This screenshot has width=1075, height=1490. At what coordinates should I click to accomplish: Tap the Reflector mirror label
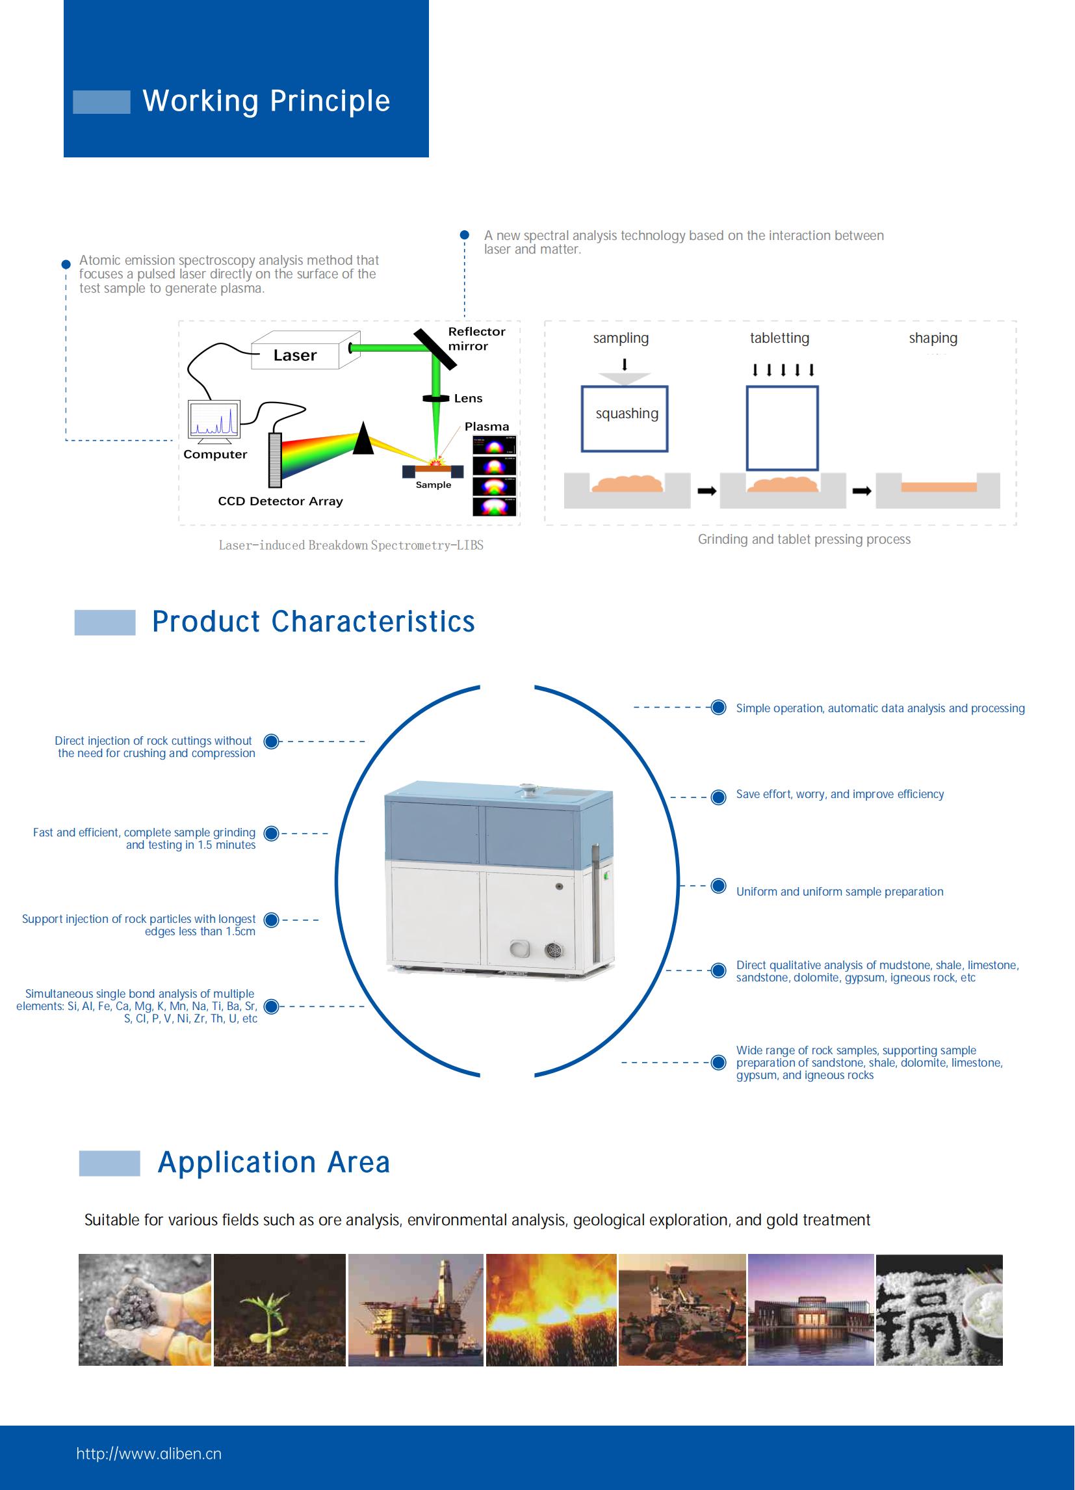point(476,338)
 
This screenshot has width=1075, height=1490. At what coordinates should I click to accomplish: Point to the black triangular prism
point(363,440)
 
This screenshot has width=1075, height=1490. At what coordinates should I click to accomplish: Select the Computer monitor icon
point(213,418)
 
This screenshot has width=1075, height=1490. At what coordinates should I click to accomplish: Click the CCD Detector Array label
point(280,501)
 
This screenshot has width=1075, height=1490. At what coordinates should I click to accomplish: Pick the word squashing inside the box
point(627,414)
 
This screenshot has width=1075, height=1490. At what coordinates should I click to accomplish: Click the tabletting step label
point(779,338)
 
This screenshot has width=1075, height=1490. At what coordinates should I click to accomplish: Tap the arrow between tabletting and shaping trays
point(862,491)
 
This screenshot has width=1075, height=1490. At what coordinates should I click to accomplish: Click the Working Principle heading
point(266,101)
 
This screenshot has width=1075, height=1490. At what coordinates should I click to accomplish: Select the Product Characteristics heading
point(313,622)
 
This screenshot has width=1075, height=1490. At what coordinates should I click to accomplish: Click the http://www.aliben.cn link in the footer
point(149,1454)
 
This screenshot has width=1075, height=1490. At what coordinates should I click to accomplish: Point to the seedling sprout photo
point(279,1310)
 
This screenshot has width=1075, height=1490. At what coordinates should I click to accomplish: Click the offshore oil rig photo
point(416,1310)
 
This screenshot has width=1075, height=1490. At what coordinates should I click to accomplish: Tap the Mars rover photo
point(682,1310)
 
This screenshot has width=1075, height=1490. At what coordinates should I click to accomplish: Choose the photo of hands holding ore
point(145,1310)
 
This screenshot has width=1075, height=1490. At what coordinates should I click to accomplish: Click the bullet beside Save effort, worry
point(718,797)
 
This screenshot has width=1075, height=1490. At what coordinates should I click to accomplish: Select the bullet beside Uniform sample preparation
point(718,886)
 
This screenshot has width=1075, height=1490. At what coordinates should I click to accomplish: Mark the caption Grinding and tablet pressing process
point(804,539)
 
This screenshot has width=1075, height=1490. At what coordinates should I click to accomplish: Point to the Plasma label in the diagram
point(487,427)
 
